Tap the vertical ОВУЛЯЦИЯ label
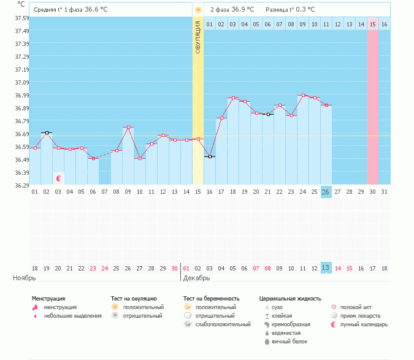197,37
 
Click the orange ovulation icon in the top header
197,10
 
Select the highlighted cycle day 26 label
326,192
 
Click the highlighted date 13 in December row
326,268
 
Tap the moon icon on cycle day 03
59,178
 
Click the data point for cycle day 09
128,128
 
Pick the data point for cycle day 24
302,95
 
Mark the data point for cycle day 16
210,157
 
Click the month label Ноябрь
24,278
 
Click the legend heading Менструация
48,299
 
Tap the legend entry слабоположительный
223,324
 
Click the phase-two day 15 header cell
372,24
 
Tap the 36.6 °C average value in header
97,10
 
